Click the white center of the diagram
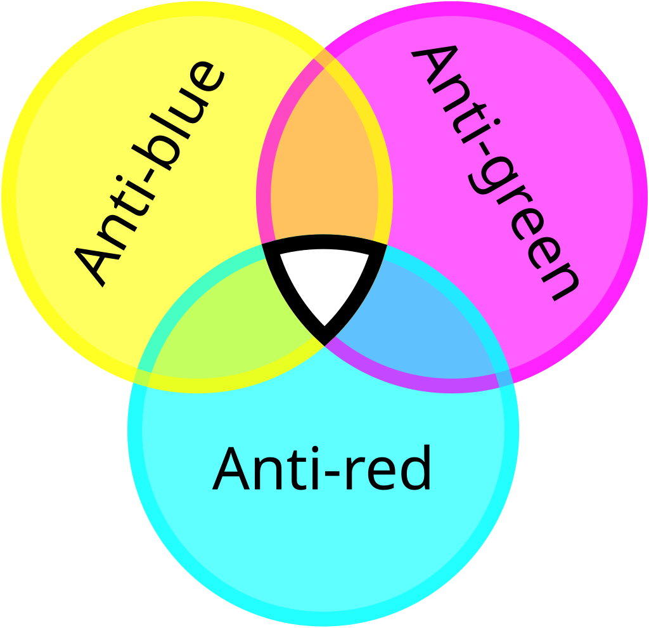(x=324, y=282)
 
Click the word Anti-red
(x=321, y=468)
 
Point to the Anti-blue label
(x=149, y=174)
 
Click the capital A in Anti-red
(x=231, y=468)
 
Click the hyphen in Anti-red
(x=332, y=473)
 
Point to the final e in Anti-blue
(x=207, y=76)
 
